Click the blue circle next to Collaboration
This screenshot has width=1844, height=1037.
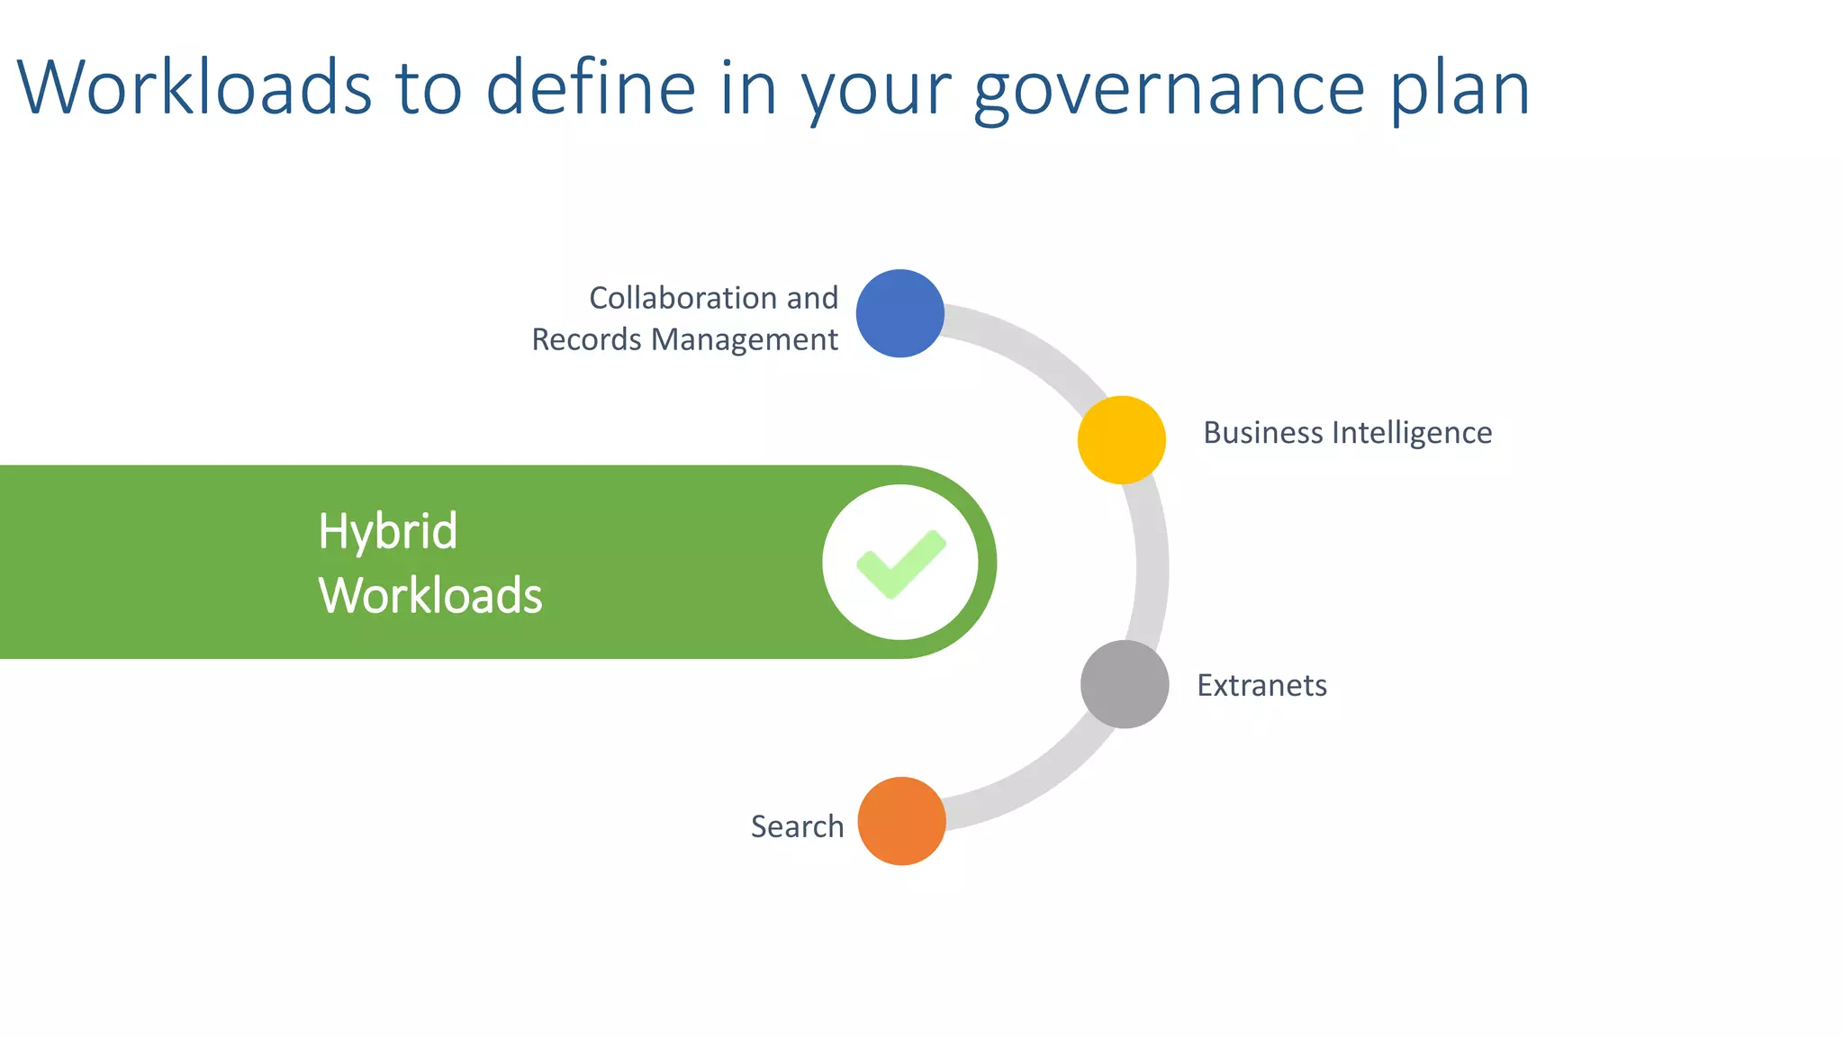coord(899,313)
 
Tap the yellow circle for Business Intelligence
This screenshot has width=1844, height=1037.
coord(1121,439)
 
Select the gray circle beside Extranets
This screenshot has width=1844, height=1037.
coord(1125,684)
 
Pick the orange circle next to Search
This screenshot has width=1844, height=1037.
coord(901,821)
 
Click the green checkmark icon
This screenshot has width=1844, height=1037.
coord(900,564)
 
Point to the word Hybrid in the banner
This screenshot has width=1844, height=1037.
coord(387,531)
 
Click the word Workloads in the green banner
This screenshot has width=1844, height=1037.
coord(430,596)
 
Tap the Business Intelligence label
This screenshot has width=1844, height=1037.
coord(1347,433)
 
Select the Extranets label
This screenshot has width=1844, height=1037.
coord(1261,686)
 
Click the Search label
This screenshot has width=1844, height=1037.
coord(797,826)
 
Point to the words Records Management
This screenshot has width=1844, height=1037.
coord(684,339)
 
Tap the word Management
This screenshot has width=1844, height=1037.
coord(744,339)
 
